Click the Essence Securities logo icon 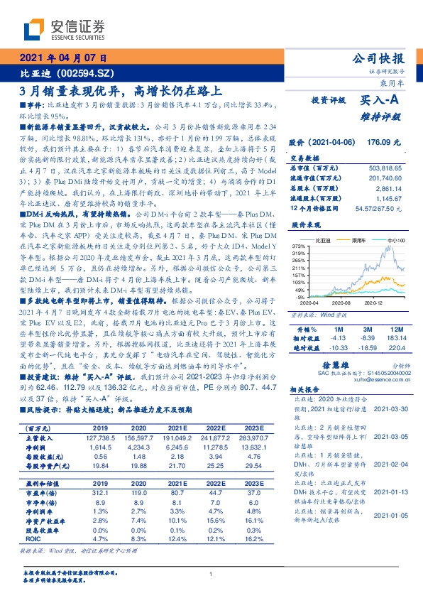34,28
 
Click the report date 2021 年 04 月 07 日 63,59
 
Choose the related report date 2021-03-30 387,409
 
